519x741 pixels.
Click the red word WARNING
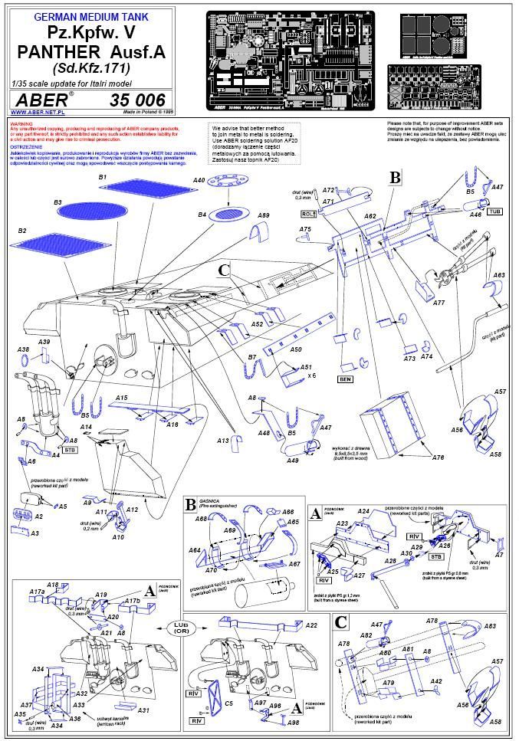21,123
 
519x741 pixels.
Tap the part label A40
199,180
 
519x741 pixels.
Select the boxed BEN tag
343,379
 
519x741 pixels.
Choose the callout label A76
438,457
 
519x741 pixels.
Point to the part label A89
264,217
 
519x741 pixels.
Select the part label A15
121,398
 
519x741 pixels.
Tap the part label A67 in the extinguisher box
294,563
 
